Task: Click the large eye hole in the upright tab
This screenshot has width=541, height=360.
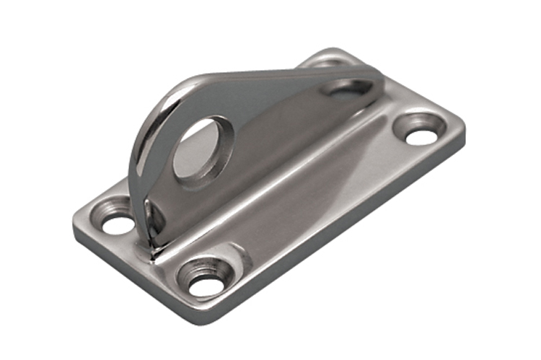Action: tap(198, 149)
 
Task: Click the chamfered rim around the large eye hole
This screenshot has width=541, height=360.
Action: tap(216, 162)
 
